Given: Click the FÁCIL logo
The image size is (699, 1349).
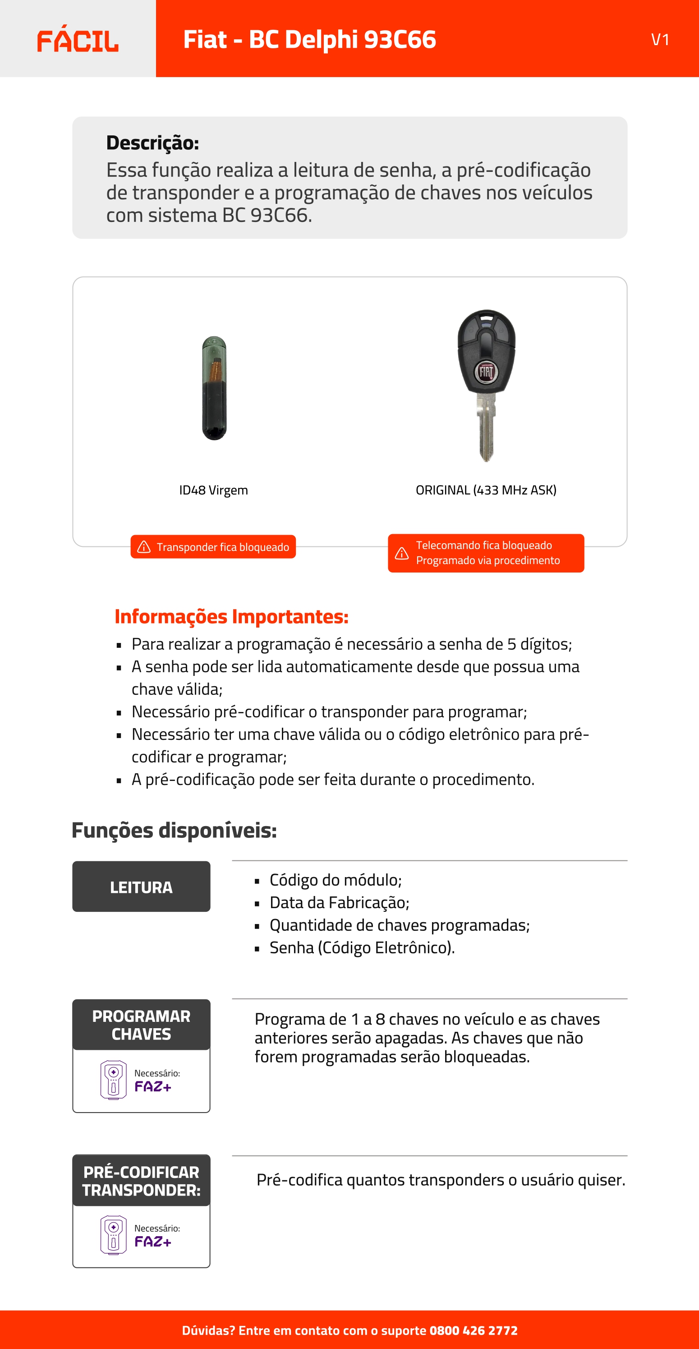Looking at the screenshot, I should tap(78, 39).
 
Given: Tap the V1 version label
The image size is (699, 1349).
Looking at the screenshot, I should tap(660, 40).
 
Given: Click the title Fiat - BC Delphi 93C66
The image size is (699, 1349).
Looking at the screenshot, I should tap(309, 40).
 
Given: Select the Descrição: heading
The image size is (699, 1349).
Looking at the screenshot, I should tap(152, 143).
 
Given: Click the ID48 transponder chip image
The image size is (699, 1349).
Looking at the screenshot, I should tap(214, 388).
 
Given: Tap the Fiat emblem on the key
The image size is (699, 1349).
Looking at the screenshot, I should tap(486, 372).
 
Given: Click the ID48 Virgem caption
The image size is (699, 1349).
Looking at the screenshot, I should tap(214, 490).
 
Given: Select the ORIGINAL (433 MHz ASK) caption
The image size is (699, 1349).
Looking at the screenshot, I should tap(486, 490).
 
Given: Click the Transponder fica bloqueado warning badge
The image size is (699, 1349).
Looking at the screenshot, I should tap(213, 547).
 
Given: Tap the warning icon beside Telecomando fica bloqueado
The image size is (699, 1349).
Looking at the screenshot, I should tap(402, 553).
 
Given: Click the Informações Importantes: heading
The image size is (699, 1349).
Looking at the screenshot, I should tap(231, 616).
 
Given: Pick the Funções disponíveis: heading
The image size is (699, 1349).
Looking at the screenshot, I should tap(174, 830).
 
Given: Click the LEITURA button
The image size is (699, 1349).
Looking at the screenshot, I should tap(141, 887).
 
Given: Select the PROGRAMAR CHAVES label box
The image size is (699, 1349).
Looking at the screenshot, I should tap(141, 1025).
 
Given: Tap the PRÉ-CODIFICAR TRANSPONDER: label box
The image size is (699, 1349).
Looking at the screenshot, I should tap(141, 1180).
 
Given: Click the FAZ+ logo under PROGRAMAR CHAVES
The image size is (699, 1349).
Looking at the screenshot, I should tap(153, 1086).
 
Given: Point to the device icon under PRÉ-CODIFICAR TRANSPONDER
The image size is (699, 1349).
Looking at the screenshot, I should tap(113, 1235).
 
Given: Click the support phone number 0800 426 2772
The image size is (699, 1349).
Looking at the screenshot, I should tap(474, 1330).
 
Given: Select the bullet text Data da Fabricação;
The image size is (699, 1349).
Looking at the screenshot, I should tap(339, 902).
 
